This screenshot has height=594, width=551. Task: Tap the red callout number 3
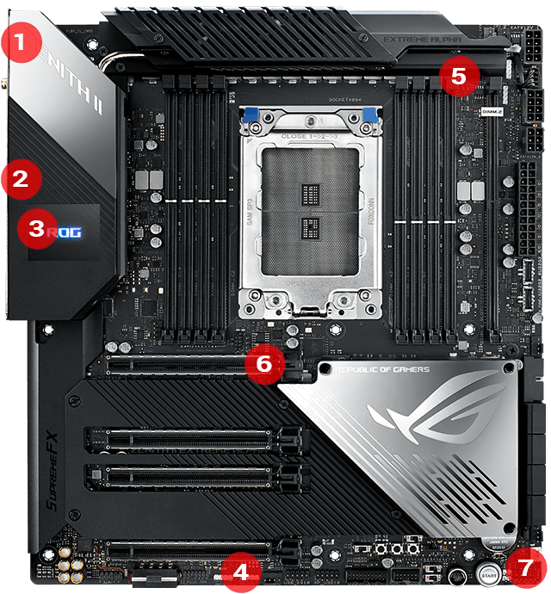point(35,230)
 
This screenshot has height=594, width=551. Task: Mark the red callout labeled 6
point(263,363)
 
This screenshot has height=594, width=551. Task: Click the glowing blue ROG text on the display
point(65,232)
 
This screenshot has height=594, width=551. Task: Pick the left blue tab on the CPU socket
point(251,115)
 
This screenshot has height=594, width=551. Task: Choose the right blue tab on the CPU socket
point(371,115)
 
